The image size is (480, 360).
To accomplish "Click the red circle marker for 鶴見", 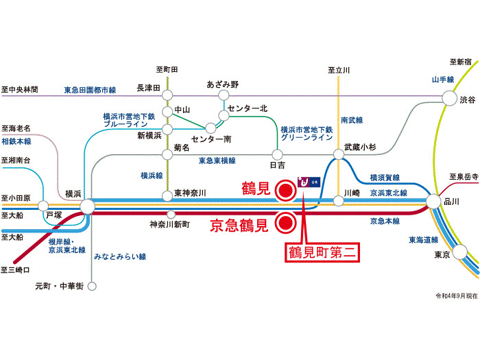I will click(x=284, y=190).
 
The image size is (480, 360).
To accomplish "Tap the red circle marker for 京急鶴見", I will click(x=284, y=221).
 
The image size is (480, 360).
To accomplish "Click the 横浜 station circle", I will click(x=87, y=205).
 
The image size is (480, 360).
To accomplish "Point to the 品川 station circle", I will click(x=433, y=202).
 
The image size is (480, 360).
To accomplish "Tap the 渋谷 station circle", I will click(x=449, y=99).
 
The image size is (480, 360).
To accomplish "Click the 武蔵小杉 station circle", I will click(x=338, y=154).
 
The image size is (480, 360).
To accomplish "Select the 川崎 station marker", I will click(x=339, y=201).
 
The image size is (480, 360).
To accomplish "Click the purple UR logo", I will click(x=305, y=184).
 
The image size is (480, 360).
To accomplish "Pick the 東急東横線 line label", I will click(x=217, y=161).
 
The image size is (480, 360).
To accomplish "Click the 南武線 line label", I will click(x=352, y=120).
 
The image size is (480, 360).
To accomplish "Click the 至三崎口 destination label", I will click(x=16, y=269).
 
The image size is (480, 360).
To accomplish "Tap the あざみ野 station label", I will click(x=223, y=84).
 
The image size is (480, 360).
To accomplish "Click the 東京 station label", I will click(x=442, y=256).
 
